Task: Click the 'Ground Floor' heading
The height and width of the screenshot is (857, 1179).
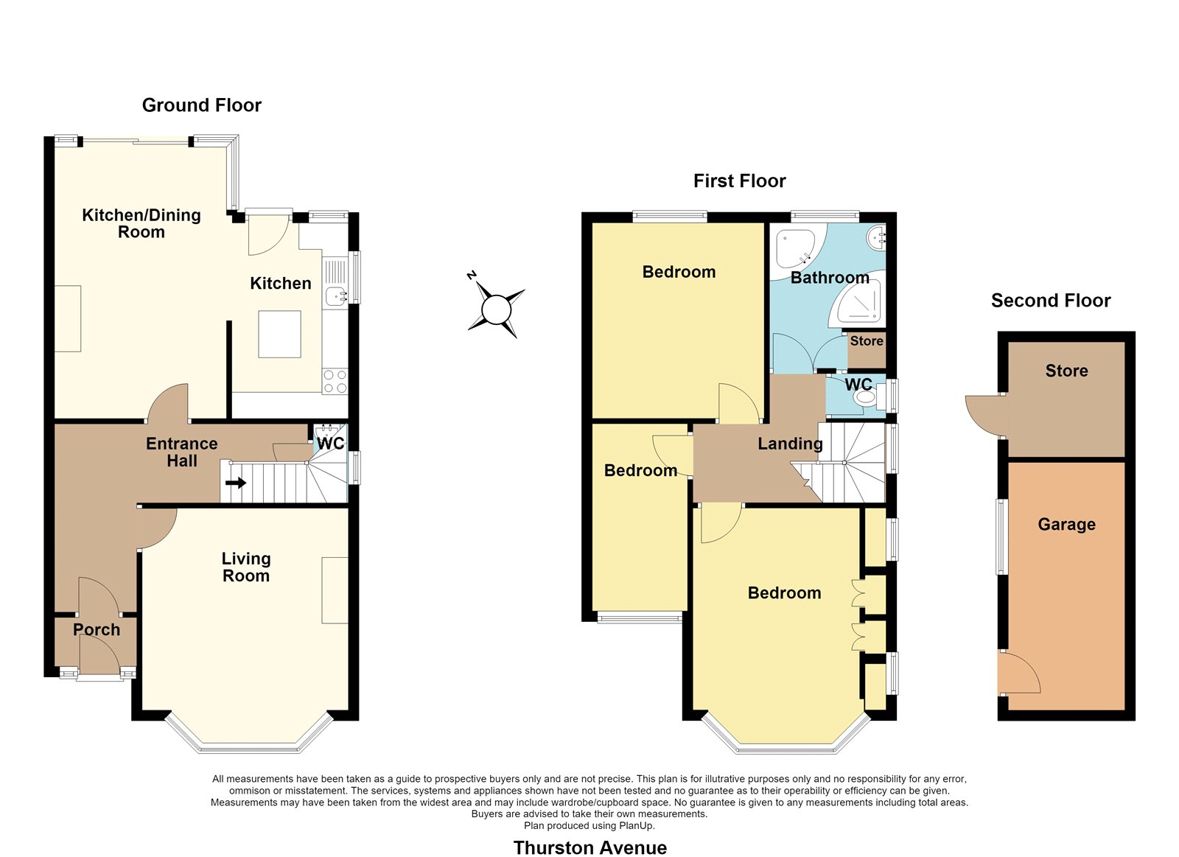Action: tap(202, 105)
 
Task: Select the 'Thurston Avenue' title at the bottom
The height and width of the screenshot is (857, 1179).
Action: tap(590, 847)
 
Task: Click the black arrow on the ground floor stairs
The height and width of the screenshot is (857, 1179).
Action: tap(235, 482)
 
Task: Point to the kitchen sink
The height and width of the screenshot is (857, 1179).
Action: tap(336, 297)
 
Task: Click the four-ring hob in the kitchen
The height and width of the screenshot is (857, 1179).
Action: tap(335, 382)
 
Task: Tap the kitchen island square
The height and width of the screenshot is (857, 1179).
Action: tap(279, 335)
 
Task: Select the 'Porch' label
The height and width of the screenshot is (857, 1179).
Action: tap(97, 629)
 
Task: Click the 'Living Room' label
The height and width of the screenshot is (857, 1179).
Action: tap(246, 567)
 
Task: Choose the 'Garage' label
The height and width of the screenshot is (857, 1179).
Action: tap(1066, 525)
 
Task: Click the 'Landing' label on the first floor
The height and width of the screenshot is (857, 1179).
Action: tap(790, 444)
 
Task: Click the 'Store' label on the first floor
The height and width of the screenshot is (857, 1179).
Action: tap(867, 341)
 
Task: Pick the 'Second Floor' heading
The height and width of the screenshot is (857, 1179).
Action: tap(1051, 301)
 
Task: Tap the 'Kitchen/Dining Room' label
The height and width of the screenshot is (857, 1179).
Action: tap(141, 223)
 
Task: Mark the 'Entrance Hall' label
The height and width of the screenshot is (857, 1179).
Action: tap(181, 452)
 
